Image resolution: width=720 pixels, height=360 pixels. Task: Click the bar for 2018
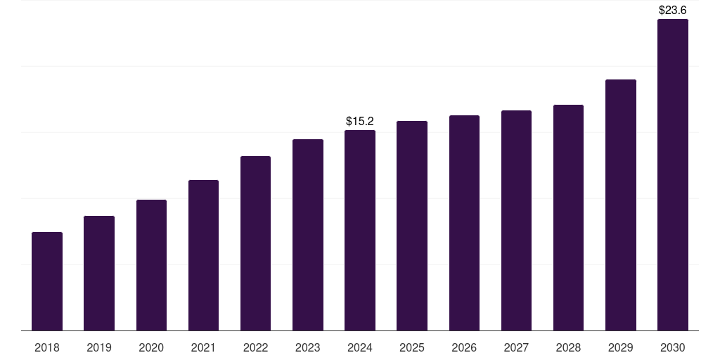coord(47,281)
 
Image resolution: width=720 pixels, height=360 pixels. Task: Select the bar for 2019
coord(99,274)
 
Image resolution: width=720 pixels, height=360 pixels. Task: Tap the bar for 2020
coord(151,265)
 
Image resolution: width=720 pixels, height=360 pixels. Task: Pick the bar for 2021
coord(203,255)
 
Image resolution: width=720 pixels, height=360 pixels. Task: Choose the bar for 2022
coord(255,243)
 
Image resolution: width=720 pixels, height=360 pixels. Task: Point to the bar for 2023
coord(308,235)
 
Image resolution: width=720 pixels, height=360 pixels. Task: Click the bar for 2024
coord(360,231)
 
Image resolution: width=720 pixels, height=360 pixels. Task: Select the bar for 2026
coord(464,223)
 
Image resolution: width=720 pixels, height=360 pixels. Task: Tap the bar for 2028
coord(568,218)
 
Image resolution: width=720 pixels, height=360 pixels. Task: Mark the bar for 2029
coord(620,205)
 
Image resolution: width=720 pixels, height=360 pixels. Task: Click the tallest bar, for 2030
coord(672,175)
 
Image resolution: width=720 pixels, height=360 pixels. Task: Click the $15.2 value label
coord(360,122)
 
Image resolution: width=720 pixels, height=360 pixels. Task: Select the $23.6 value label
coord(672,11)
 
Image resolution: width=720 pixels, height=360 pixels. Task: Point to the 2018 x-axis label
coord(47,347)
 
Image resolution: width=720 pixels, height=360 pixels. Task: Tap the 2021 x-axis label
coord(203,347)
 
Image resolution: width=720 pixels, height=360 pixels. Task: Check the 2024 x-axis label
coord(360,347)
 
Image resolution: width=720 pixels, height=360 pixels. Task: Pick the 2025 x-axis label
coord(412,347)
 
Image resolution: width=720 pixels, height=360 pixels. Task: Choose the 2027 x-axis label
coord(516,347)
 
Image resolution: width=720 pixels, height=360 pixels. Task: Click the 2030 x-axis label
coord(672,347)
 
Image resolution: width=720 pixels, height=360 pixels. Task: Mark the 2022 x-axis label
coord(255,347)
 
